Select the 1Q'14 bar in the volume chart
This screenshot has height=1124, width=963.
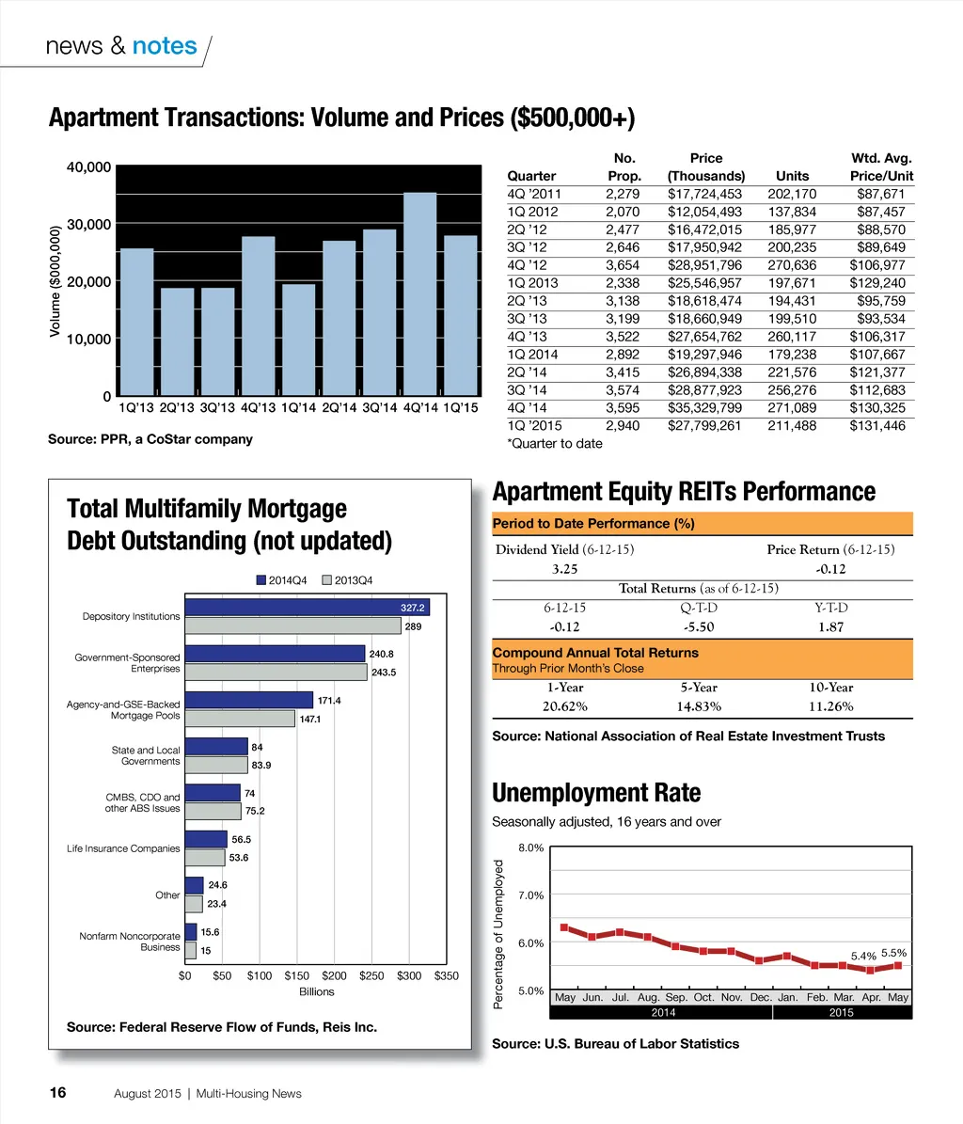click(298, 340)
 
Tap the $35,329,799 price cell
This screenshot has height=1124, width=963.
click(704, 408)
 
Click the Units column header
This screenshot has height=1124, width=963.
click(792, 176)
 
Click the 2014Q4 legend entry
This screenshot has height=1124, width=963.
click(281, 580)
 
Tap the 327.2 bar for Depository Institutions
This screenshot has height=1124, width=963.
click(307, 608)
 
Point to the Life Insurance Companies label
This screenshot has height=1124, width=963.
click(123, 848)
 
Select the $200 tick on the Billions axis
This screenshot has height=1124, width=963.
click(334, 975)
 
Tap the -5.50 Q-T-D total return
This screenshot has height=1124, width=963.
click(698, 626)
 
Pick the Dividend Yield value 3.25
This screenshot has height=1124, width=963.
click(564, 569)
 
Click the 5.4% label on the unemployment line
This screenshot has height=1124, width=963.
click(863, 956)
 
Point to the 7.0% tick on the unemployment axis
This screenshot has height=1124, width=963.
click(531, 895)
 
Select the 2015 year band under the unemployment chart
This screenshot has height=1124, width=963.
click(841, 1012)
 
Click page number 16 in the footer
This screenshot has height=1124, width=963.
click(57, 1092)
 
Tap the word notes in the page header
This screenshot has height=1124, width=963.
click(165, 46)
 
